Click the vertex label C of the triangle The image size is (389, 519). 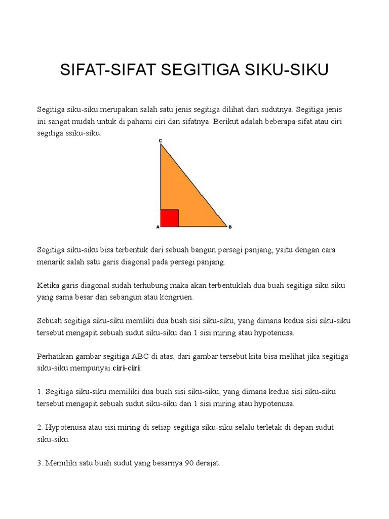tap(160, 140)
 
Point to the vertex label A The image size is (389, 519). tap(158, 228)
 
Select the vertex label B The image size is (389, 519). tap(230, 228)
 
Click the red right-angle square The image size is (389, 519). tap(170, 218)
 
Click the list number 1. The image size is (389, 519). tap(40, 392)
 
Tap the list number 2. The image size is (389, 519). tap(40, 427)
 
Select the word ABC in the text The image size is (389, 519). tap(150, 356)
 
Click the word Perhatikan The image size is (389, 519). tap(55, 356)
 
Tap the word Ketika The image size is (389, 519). tap(48, 285)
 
